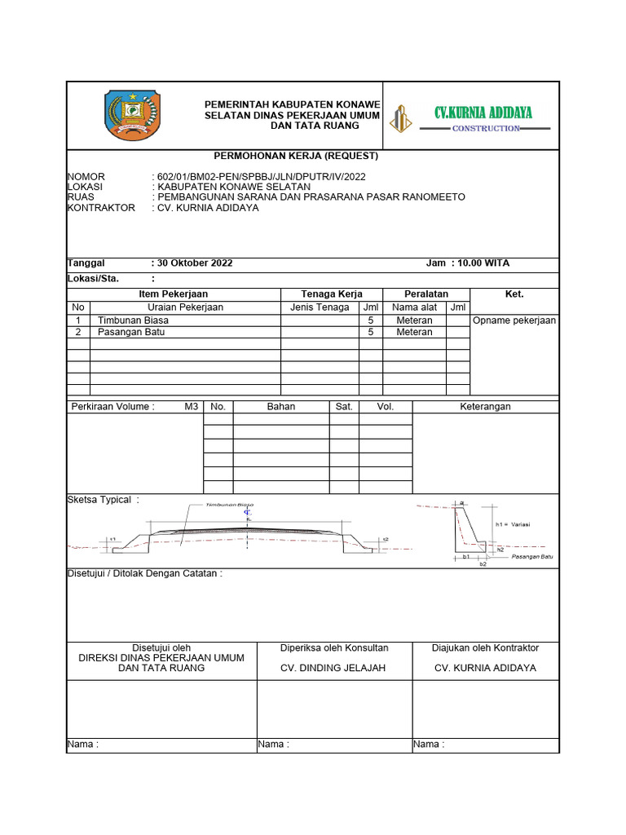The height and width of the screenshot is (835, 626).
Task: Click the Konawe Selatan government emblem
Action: click(x=134, y=115)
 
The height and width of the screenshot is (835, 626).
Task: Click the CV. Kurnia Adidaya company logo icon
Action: click(x=399, y=119)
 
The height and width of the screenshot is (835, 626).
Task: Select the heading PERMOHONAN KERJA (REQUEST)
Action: click(x=295, y=156)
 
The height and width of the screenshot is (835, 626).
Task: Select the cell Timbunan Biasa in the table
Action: click(x=133, y=320)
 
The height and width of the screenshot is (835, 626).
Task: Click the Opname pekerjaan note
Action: click(x=514, y=320)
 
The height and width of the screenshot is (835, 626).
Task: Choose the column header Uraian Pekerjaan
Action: click(x=185, y=307)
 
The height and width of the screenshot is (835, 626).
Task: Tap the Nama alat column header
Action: click(x=414, y=307)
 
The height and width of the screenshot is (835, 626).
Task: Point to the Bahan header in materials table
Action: click(x=281, y=406)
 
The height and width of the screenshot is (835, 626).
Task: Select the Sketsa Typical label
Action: click(x=103, y=500)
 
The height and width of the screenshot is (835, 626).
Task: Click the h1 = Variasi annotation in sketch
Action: click(x=512, y=524)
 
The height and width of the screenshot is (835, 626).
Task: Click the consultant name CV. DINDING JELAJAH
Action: click(x=333, y=668)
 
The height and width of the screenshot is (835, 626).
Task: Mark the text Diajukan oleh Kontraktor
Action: click(x=485, y=647)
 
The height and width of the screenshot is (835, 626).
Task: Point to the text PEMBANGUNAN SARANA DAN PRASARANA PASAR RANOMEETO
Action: click(x=311, y=197)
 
